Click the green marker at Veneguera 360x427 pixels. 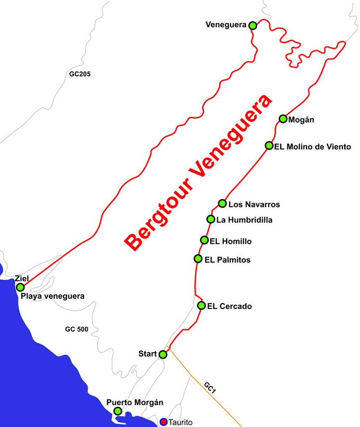(x=252, y=25)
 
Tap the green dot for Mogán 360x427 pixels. (x=283, y=118)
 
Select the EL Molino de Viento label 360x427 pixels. (x=313, y=146)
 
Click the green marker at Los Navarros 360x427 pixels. (x=223, y=203)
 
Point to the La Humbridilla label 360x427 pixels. (x=244, y=219)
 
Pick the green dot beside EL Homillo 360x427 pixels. (x=204, y=240)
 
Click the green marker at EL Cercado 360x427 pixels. (x=201, y=305)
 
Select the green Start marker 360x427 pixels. (x=163, y=354)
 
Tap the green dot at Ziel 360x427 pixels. (x=20, y=287)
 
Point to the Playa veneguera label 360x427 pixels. (x=53, y=296)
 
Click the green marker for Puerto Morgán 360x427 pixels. (x=118, y=411)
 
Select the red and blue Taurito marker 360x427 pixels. (x=164, y=422)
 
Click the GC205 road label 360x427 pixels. (x=80, y=74)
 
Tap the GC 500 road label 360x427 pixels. (x=77, y=329)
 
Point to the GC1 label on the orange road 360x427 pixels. (x=210, y=388)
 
